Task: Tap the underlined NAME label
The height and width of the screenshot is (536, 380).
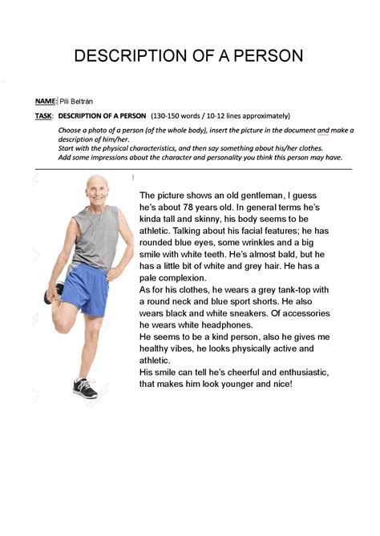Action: [45, 101]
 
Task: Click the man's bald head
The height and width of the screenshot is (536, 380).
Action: [97, 184]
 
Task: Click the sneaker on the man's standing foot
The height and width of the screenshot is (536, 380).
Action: [84, 388]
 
